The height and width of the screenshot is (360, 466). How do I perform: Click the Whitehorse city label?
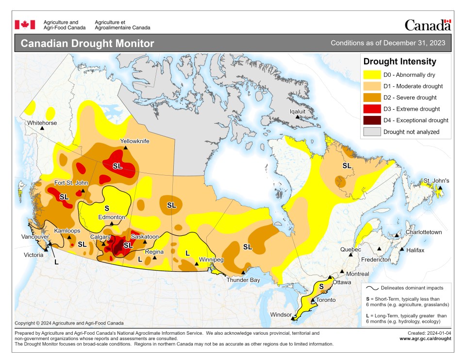click(42, 123)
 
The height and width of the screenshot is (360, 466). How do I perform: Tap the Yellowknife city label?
click(134, 141)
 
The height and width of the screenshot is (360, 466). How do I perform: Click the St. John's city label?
click(436, 181)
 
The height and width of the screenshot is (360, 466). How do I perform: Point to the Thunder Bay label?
click(244, 280)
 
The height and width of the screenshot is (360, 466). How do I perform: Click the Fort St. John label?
click(71, 183)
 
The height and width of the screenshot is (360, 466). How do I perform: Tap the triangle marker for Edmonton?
click(112, 224)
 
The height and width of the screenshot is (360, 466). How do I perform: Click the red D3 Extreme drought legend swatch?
click(371, 109)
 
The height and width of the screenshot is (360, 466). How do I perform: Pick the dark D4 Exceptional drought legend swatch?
click(371, 120)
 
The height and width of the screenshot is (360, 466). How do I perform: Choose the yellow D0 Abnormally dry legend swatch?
click(371, 75)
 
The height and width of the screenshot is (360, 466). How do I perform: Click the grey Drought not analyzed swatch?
click(371, 131)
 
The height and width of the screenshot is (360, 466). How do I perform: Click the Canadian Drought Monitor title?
click(87, 44)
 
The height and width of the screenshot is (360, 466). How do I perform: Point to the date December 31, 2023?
click(414, 43)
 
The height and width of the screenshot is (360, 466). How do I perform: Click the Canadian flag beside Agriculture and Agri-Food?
click(25, 24)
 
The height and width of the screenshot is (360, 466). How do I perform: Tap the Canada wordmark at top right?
click(427, 25)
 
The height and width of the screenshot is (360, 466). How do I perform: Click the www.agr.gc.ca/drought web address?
click(425, 338)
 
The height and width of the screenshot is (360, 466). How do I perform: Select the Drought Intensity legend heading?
click(399, 62)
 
